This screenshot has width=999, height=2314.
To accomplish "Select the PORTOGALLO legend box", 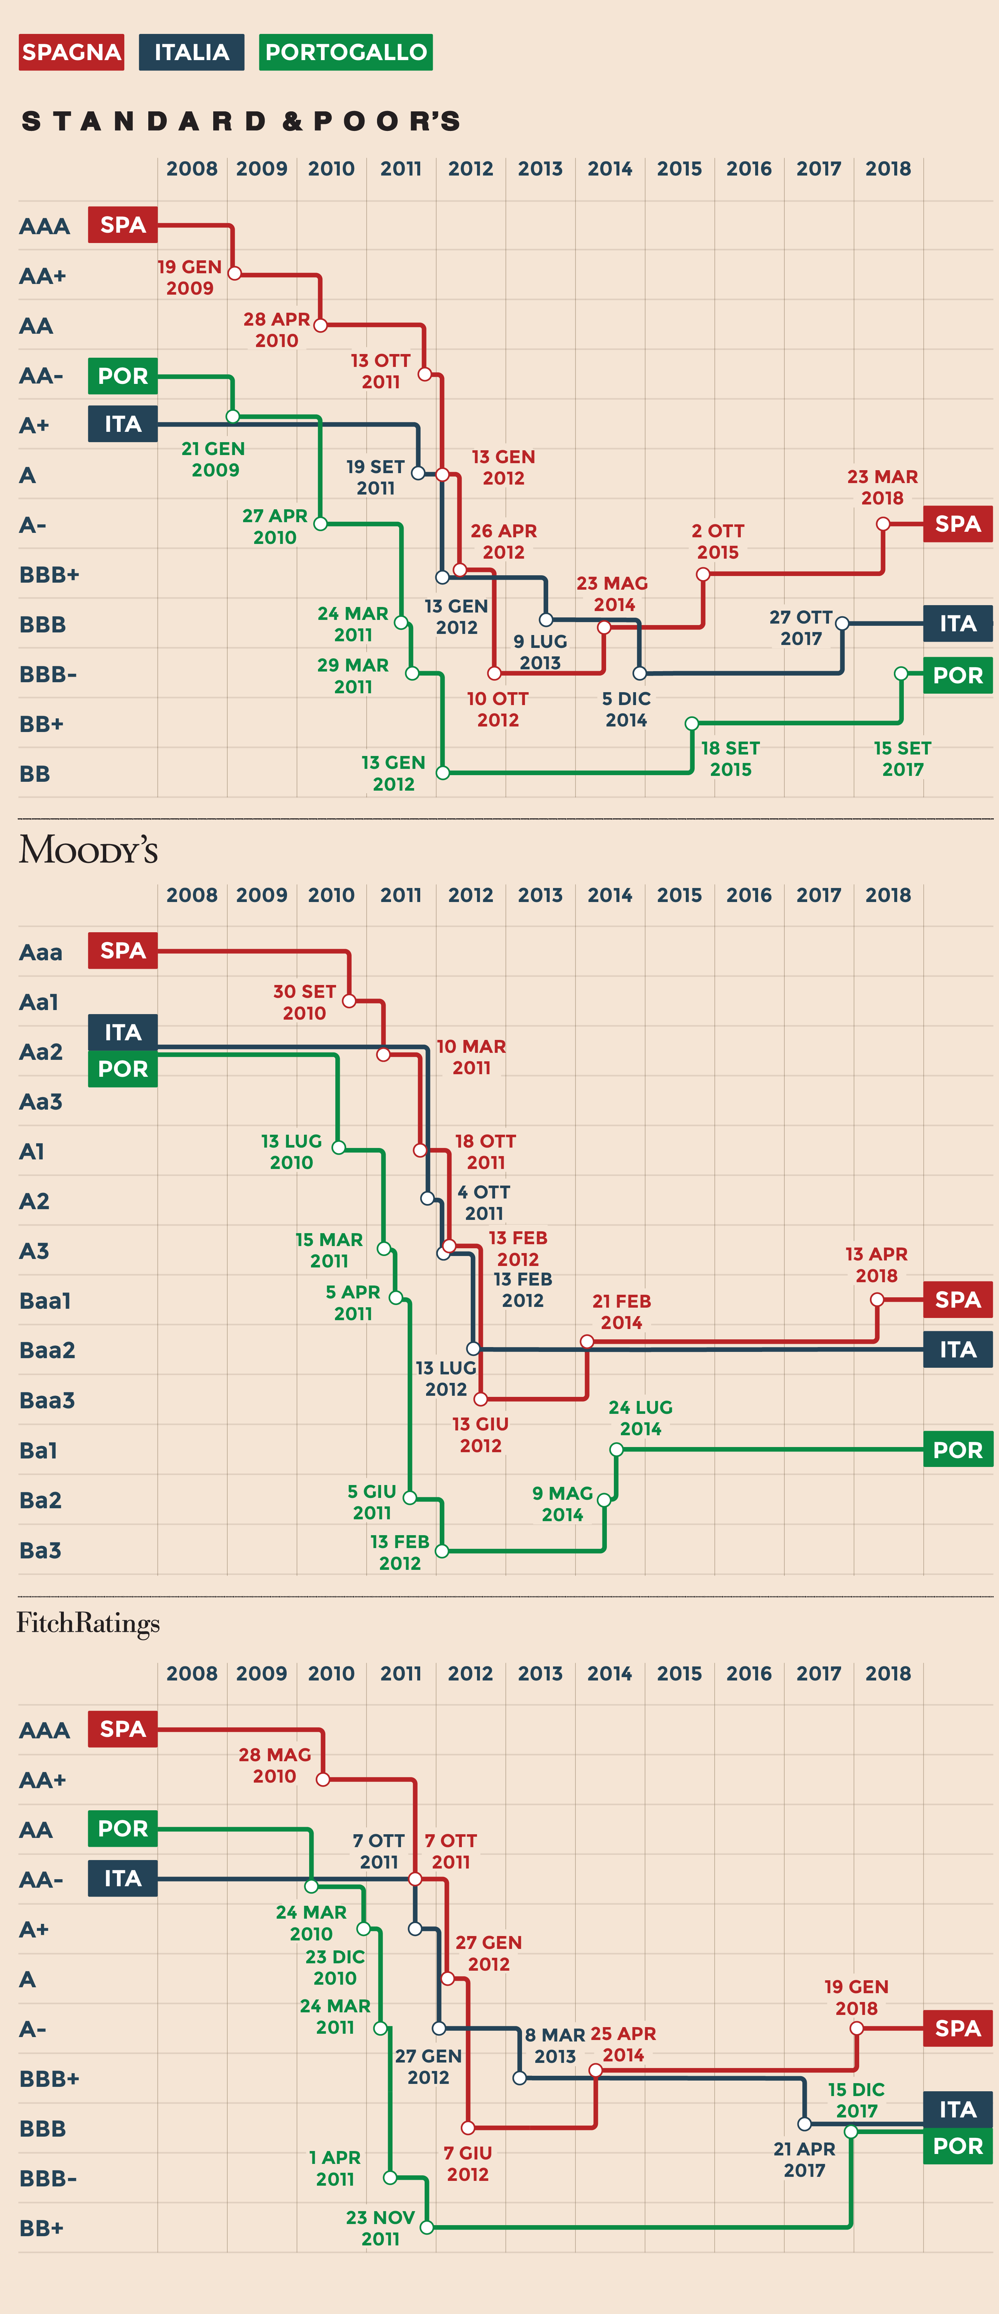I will (x=346, y=52).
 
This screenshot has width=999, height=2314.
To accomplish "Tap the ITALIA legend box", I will (x=191, y=52).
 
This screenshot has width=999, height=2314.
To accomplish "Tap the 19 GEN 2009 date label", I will (x=190, y=278).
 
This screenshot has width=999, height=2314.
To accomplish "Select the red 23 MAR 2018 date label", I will (x=882, y=487).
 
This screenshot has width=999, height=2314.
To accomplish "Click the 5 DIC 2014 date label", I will (x=626, y=709).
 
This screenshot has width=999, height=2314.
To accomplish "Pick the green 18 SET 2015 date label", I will (x=730, y=758).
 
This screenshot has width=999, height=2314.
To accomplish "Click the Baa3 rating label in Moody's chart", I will (x=47, y=1399).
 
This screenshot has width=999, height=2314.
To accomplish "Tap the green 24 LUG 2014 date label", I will (x=640, y=1418).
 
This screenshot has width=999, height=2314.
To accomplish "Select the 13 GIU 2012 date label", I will (x=481, y=1434).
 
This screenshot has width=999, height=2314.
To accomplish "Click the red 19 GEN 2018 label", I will (x=856, y=1997).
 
